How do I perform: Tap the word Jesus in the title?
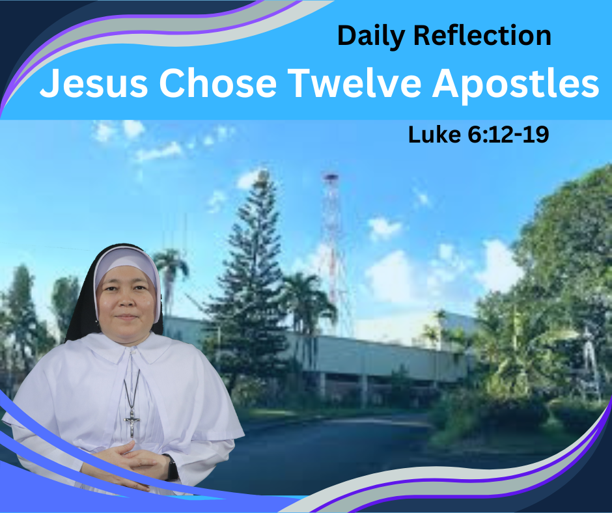pos(94,83)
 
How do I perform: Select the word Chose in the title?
pos(218,83)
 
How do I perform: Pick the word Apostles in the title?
pos(515,85)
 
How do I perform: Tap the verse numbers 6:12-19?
pos(508,135)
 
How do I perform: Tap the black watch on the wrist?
pos(171,467)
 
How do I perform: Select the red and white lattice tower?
pos(333,254)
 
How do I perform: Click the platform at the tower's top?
pos(331,178)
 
